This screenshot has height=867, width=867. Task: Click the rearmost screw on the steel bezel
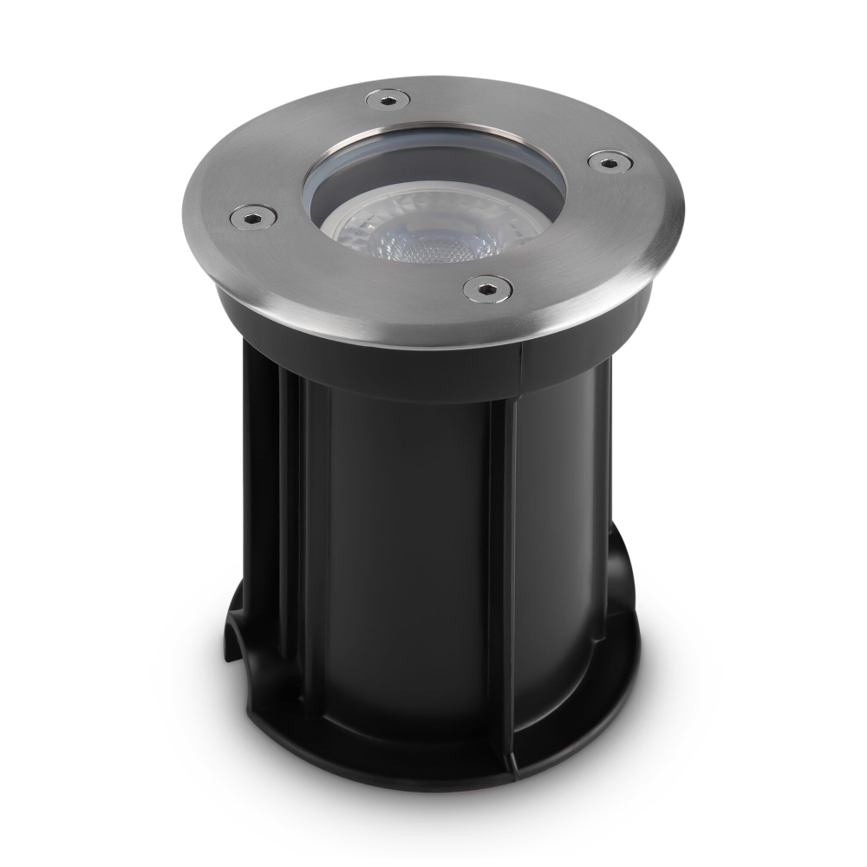(x=382, y=101)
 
